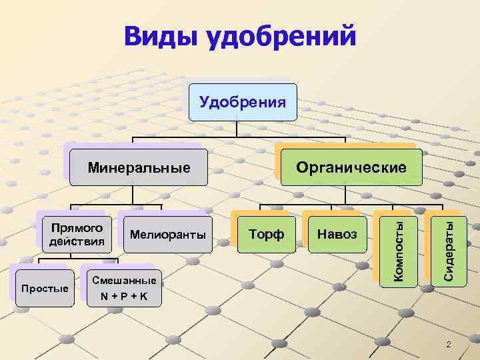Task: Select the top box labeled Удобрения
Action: click(x=243, y=102)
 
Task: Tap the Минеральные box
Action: click(x=139, y=167)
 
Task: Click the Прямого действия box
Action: click(x=75, y=234)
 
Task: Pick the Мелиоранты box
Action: click(x=168, y=235)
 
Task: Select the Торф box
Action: click(x=266, y=235)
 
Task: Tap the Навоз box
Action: click(x=337, y=235)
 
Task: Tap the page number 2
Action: click(x=448, y=344)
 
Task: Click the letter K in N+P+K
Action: click(x=144, y=295)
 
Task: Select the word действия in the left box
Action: click(x=75, y=241)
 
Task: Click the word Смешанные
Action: click(x=124, y=281)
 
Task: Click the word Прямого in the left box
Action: click(x=75, y=227)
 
